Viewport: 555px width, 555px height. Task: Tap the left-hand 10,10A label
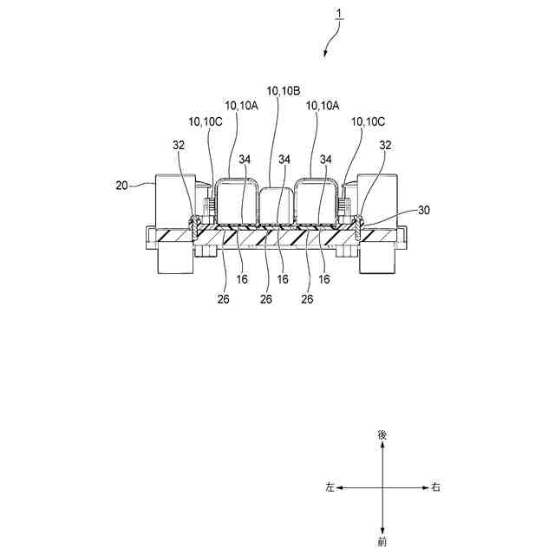tap(242, 105)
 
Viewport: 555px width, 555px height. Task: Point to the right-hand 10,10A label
tap(322, 105)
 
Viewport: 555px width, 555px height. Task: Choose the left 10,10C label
tap(206, 121)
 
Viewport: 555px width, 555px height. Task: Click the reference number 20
tap(121, 185)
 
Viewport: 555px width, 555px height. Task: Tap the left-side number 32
tap(178, 146)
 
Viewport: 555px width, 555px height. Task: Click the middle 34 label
tap(284, 160)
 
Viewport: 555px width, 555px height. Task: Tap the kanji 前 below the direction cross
tap(382, 543)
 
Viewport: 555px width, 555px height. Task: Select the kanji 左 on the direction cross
tap(330, 487)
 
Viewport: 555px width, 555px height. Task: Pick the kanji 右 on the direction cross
tap(436, 487)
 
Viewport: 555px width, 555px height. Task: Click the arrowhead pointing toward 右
tap(424, 487)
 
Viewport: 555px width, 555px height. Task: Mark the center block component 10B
tap(277, 206)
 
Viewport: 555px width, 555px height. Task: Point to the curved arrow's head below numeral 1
tap(325, 55)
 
